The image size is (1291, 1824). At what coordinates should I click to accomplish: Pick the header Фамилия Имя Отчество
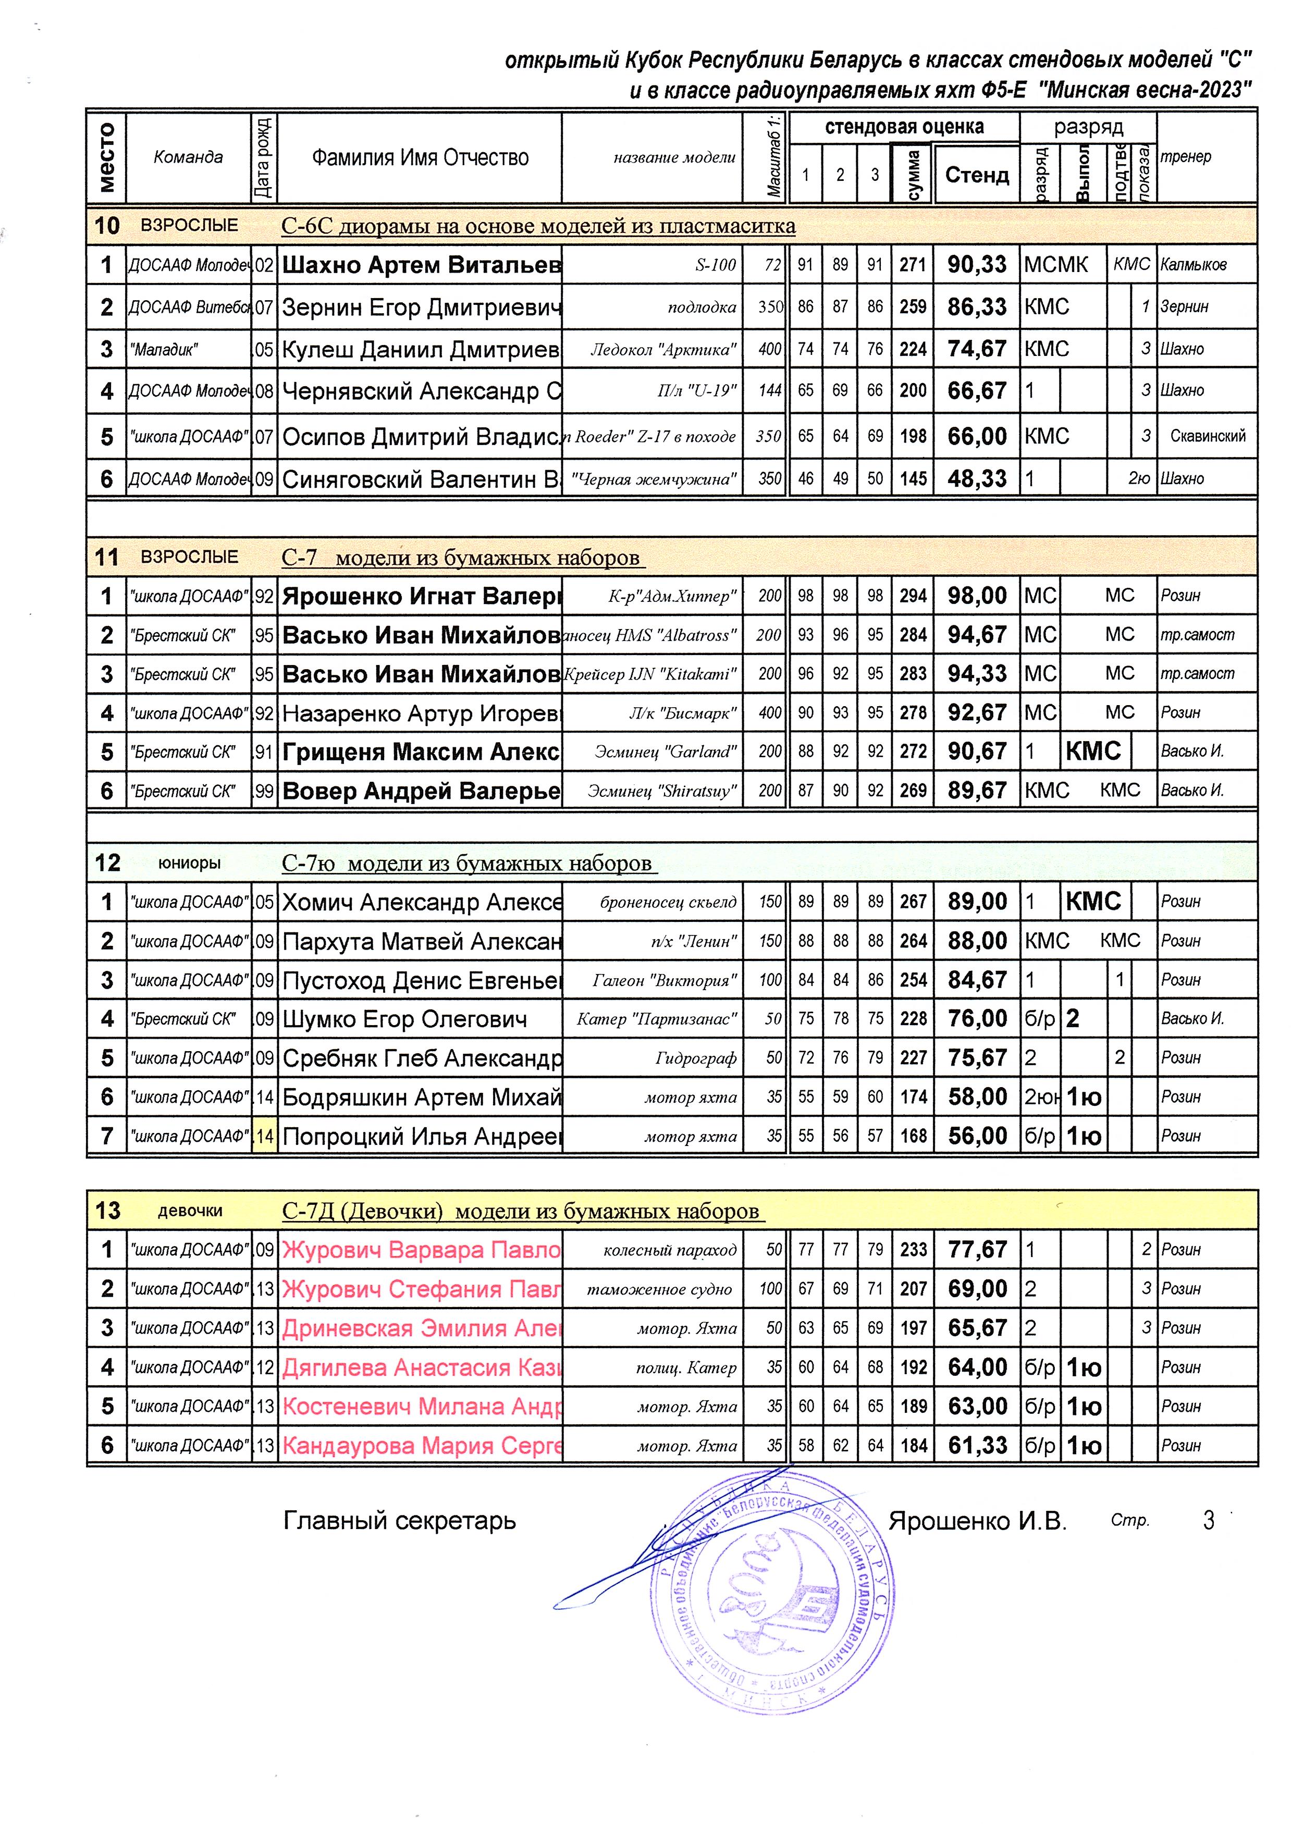[x=420, y=157]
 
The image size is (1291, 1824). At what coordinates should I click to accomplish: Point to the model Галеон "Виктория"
[x=664, y=980]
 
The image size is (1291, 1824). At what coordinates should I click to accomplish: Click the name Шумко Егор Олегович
[x=404, y=1019]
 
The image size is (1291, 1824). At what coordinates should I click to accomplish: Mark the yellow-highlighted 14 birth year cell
[x=264, y=1137]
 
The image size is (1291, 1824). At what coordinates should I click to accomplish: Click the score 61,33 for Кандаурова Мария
[x=977, y=1446]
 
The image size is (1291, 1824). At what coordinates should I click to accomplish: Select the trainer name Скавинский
[x=1207, y=436]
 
